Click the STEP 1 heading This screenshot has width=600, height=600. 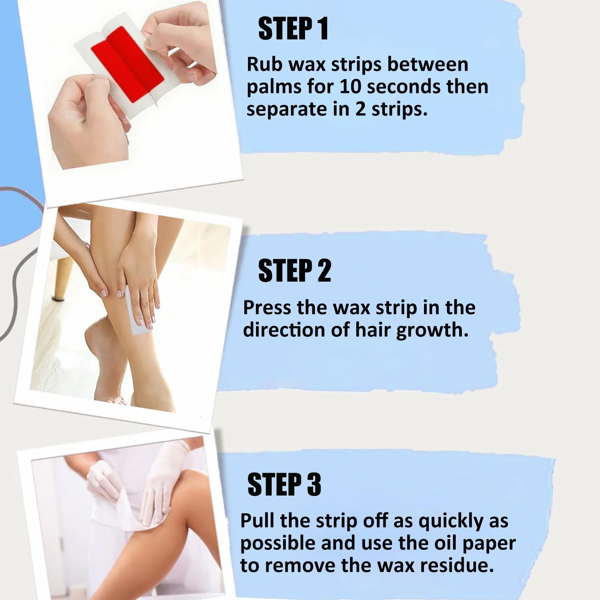293,29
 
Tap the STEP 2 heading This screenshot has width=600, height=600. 294,271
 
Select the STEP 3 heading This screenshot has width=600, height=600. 284,484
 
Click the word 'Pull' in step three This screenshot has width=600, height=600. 257,520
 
